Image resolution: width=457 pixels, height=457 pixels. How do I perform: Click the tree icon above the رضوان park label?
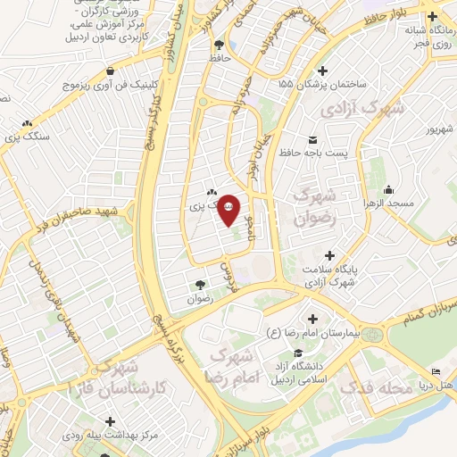[199, 285]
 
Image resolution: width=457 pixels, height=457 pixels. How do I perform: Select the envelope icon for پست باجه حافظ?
[312, 139]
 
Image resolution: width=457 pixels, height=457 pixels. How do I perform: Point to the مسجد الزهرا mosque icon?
[388, 189]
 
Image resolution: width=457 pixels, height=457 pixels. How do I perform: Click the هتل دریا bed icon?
[435, 370]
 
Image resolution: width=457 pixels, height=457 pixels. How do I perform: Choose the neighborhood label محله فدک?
[382, 389]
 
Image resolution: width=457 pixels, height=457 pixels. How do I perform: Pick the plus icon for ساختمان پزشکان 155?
[323, 70]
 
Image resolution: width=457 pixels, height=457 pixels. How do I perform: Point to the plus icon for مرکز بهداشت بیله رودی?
[110, 421]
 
